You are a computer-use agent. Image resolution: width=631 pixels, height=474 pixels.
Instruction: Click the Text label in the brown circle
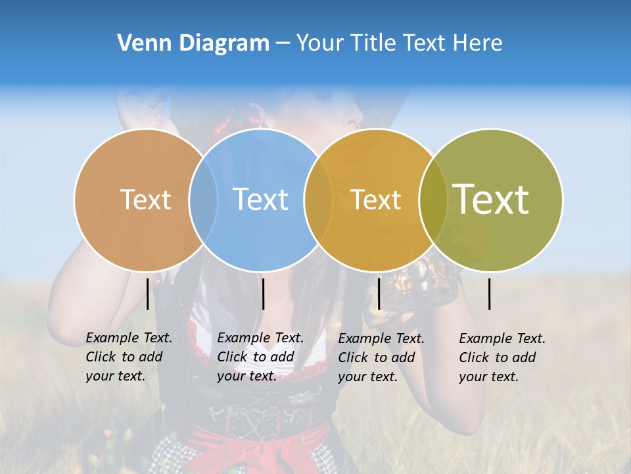(145, 199)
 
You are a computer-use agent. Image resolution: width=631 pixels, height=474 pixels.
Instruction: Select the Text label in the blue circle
(261, 199)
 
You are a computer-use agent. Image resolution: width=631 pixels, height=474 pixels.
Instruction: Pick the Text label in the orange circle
(375, 199)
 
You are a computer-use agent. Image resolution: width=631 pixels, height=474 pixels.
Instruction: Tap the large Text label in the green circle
(491, 199)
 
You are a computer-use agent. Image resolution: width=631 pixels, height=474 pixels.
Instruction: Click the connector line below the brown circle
(148, 294)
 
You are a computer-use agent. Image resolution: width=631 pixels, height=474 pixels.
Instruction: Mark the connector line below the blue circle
(263, 294)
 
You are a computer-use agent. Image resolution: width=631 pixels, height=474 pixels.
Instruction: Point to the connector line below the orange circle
(379, 294)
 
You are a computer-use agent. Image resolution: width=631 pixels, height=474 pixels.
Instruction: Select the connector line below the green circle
(490, 294)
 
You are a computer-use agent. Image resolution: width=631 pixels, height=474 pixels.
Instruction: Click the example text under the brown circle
(128, 357)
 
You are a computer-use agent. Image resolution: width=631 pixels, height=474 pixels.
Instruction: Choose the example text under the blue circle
(260, 357)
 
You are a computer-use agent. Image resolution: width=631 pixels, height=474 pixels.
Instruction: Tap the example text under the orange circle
(381, 357)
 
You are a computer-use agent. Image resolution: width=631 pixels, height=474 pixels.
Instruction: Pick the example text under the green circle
(502, 357)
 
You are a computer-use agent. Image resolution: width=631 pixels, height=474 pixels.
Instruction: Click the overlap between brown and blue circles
(203, 199)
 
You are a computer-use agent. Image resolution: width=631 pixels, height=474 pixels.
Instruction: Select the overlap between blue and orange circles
(318, 199)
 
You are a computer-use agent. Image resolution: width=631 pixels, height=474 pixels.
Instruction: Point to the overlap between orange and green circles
(433, 199)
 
